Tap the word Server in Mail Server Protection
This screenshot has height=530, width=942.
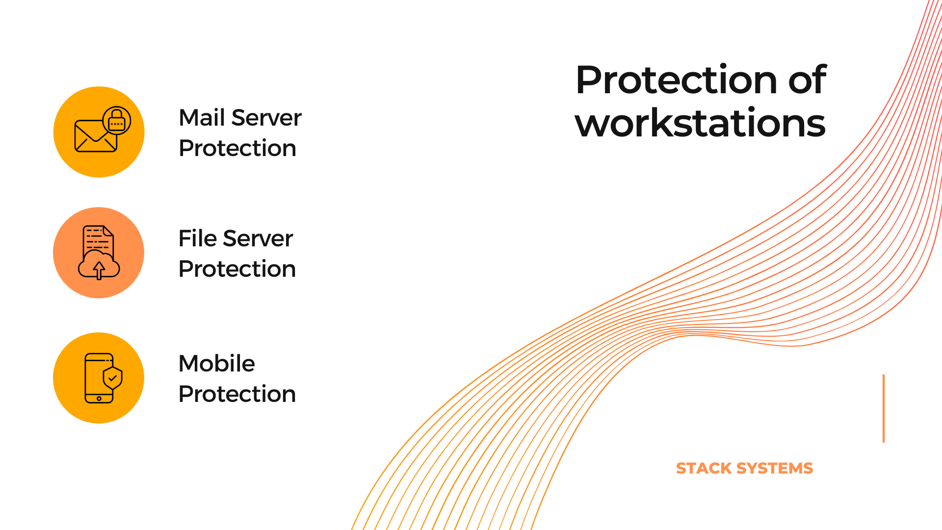(266, 118)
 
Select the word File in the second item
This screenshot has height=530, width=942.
(198, 238)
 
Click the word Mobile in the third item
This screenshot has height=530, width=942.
(217, 364)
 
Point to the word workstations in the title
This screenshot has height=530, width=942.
(700, 123)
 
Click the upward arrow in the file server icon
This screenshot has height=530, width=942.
(99, 270)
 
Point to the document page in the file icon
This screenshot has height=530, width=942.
(98, 240)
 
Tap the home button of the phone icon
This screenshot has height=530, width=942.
(99, 398)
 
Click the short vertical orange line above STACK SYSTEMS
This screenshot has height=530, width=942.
(884, 408)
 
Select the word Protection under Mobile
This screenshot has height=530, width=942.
(237, 394)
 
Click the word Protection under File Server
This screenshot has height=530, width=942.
(237, 269)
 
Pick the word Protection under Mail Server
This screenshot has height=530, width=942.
(237, 148)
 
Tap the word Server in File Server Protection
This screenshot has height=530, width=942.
(258, 238)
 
